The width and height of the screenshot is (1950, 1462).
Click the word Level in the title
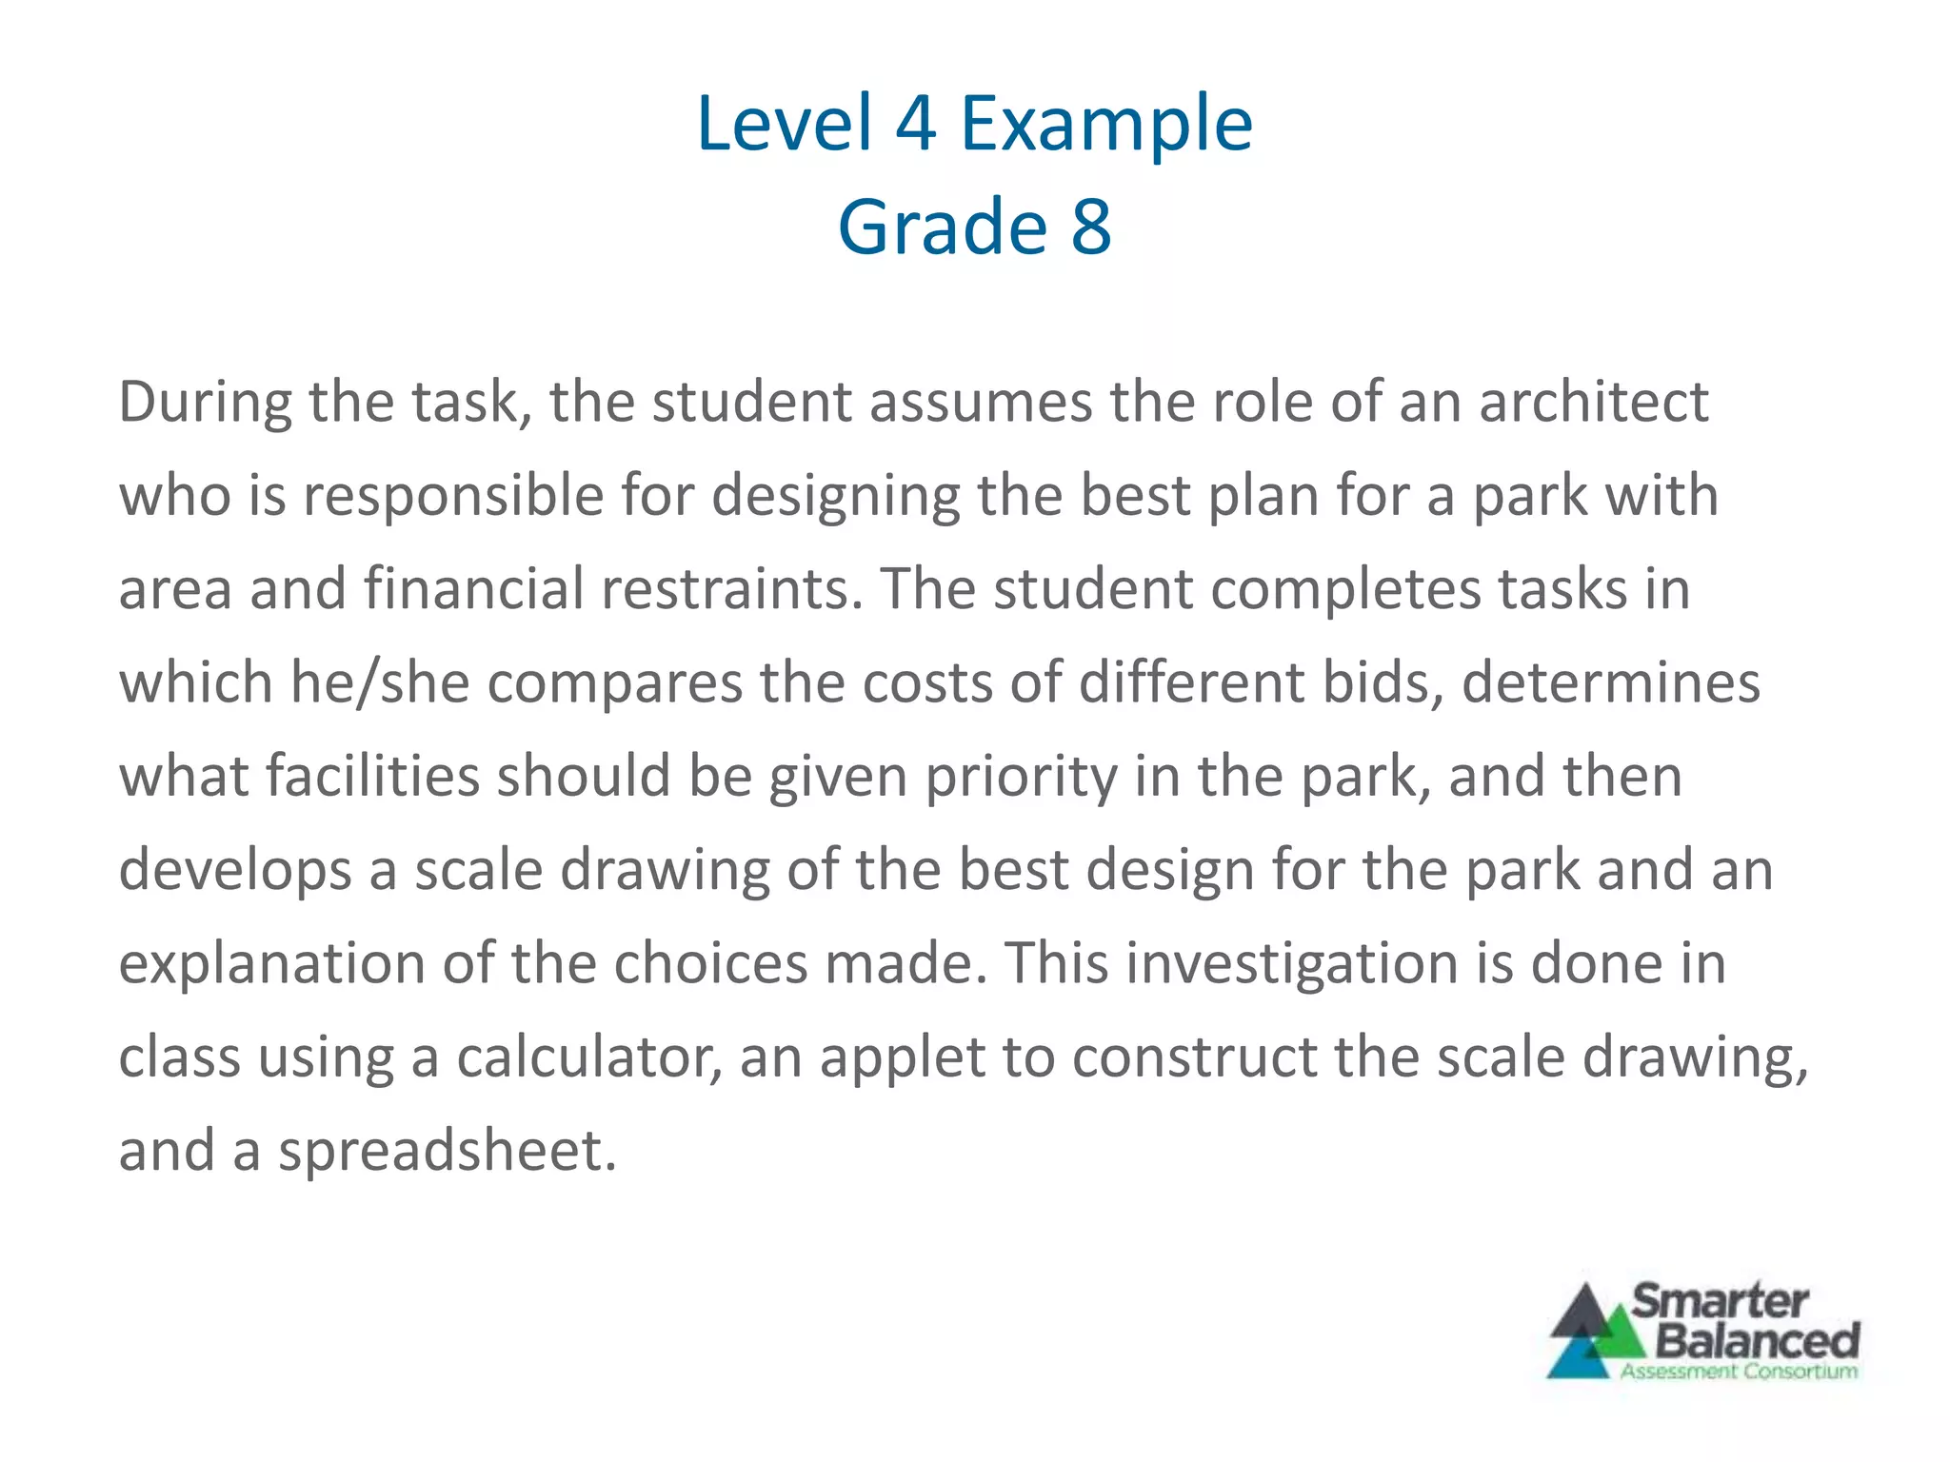click(x=784, y=124)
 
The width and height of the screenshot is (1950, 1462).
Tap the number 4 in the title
click(x=915, y=124)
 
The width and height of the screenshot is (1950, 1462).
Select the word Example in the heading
click(x=1106, y=126)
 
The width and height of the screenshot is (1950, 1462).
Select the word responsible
click(x=453, y=496)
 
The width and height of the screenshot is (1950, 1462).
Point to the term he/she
click(x=380, y=682)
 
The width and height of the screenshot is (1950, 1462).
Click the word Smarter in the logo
click(x=1721, y=1301)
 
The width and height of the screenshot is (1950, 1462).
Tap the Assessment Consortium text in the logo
click(x=1739, y=1372)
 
